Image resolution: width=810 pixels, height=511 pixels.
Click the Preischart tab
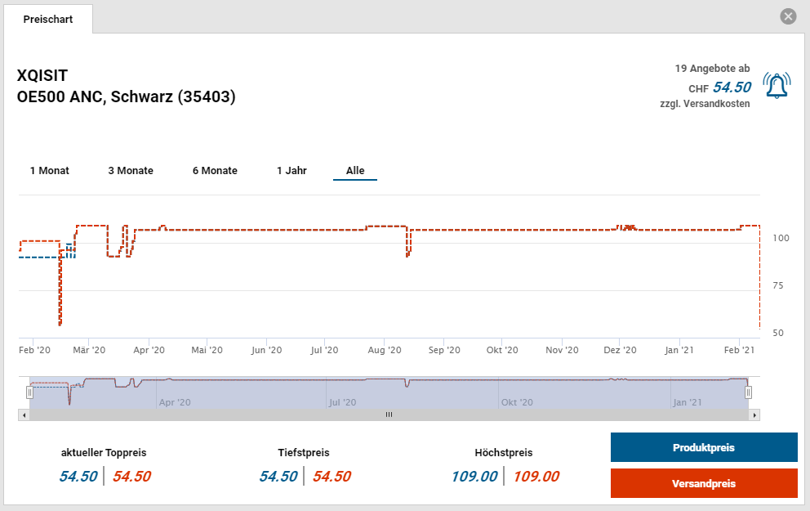pyautogui.click(x=48, y=19)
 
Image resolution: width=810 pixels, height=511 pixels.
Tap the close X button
pyautogui.click(x=788, y=16)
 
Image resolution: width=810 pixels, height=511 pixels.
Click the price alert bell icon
pyautogui.click(x=776, y=85)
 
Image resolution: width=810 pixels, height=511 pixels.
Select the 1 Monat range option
pyautogui.click(x=50, y=171)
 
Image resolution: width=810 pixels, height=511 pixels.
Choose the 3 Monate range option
pyautogui.click(x=131, y=171)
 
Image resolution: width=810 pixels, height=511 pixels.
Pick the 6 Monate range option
pyautogui.click(x=215, y=171)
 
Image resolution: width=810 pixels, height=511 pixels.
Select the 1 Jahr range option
pyautogui.click(x=292, y=171)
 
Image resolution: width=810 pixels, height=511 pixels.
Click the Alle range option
pyautogui.click(x=355, y=171)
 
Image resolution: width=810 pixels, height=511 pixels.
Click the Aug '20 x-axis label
pyautogui.click(x=385, y=350)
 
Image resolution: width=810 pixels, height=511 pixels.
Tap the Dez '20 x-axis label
pyautogui.click(x=620, y=350)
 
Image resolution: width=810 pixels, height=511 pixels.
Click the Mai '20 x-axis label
pyautogui.click(x=207, y=350)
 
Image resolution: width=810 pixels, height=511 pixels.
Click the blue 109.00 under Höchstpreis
pyautogui.click(x=474, y=477)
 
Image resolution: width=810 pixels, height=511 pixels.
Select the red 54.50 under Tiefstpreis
pyautogui.click(x=332, y=477)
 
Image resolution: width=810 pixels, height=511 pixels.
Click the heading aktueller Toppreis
pyautogui.click(x=104, y=452)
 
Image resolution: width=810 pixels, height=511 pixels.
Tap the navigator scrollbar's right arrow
pyautogui.click(x=755, y=415)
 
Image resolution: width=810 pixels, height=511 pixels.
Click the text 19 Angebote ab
pyautogui.click(x=712, y=69)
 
